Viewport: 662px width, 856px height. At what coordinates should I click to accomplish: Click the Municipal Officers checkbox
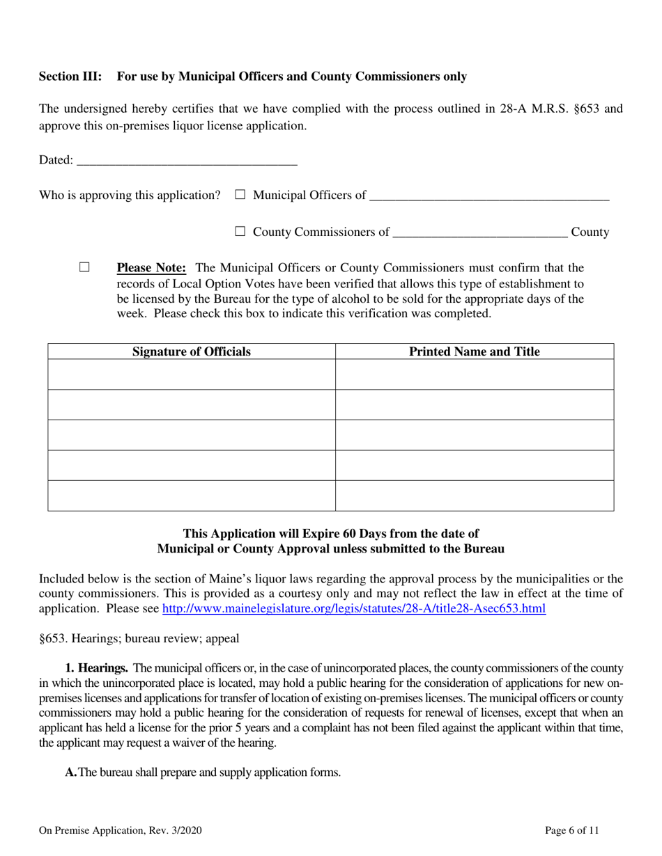(240, 196)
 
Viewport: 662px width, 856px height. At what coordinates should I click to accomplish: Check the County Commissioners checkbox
(240, 232)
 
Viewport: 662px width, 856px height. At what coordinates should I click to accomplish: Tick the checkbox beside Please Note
(85, 267)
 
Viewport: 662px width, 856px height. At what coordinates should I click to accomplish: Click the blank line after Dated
(186, 161)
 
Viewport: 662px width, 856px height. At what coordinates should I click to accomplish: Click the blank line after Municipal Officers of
(488, 196)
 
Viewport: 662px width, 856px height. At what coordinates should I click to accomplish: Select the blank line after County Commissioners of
(480, 233)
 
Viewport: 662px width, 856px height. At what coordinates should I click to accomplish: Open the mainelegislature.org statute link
(353, 608)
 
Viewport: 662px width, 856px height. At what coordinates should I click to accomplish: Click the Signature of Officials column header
(192, 351)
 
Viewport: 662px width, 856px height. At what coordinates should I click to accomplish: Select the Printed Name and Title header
(474, 351)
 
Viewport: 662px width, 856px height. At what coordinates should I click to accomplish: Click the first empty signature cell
(192, 374)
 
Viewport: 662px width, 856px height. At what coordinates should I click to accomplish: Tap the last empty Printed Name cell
(474, 496)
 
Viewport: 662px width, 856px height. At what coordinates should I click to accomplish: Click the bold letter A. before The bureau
(70, 772)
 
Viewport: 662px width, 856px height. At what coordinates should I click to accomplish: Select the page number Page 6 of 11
(571, 830)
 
